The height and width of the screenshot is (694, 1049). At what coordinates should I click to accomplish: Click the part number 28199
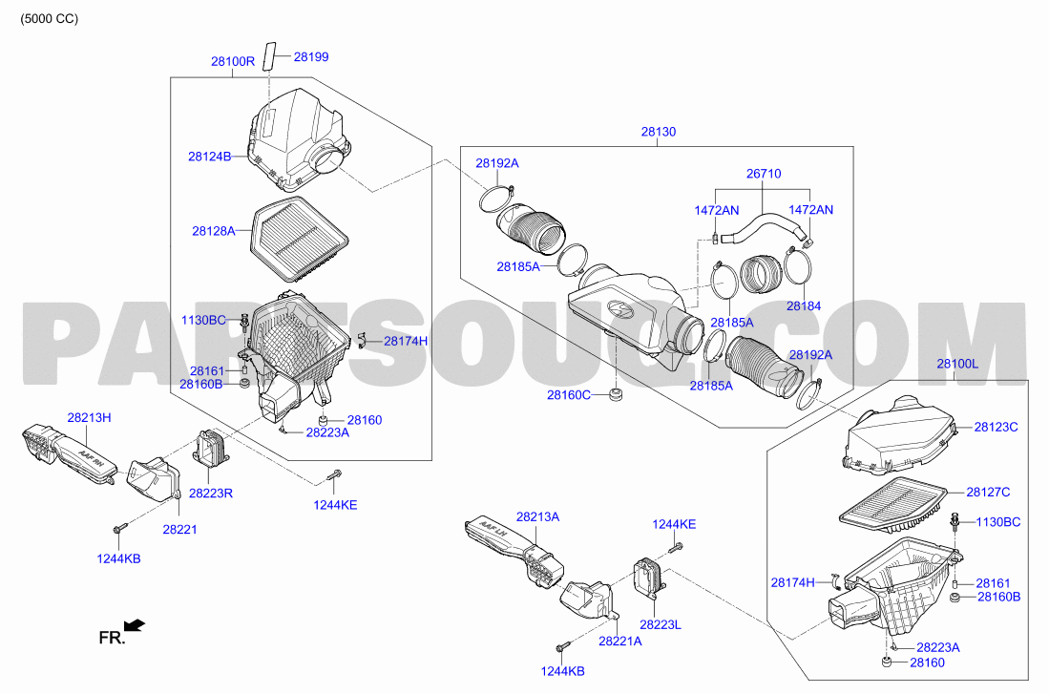click(311, 57)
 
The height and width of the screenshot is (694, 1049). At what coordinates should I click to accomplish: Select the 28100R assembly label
click(233, 61)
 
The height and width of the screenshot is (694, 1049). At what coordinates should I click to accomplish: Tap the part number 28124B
click(209, 157)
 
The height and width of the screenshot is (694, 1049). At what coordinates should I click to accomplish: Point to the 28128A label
click(214, 231)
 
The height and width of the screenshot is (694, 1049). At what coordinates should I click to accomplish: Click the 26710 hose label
click(764, 174)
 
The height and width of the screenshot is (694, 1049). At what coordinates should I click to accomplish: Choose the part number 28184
click(804, 305)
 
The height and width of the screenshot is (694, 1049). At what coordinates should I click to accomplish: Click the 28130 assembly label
click(659, 132)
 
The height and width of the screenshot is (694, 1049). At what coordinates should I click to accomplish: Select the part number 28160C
click(569, 395)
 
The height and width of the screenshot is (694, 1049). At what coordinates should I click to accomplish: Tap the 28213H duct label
click(89, 417)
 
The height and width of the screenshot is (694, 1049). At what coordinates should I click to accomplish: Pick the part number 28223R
click(211, 494)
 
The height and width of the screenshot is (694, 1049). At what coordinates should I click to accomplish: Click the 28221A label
click(620, 641)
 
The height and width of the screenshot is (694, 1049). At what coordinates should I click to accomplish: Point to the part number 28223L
click(661, 624)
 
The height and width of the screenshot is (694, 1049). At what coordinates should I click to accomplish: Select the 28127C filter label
click(988, 492)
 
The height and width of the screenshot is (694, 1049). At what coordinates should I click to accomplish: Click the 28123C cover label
click(997, 427)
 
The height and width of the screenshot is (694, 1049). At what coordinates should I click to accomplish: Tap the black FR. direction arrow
click(136, 625)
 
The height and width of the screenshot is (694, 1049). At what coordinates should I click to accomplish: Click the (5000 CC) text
click(49, 19)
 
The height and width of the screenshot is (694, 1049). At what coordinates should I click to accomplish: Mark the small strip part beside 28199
click(269, 54)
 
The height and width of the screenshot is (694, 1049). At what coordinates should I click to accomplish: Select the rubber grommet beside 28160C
click(614, 394)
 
